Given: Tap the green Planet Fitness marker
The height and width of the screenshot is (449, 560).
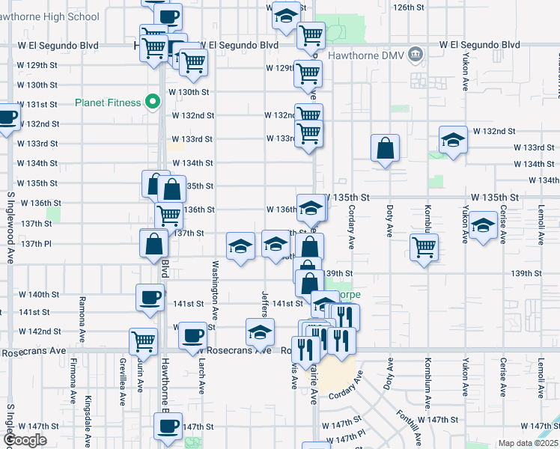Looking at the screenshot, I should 153,101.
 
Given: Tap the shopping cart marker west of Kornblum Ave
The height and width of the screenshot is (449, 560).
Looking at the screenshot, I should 424,247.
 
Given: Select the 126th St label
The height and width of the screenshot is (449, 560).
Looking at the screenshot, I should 410,7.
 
